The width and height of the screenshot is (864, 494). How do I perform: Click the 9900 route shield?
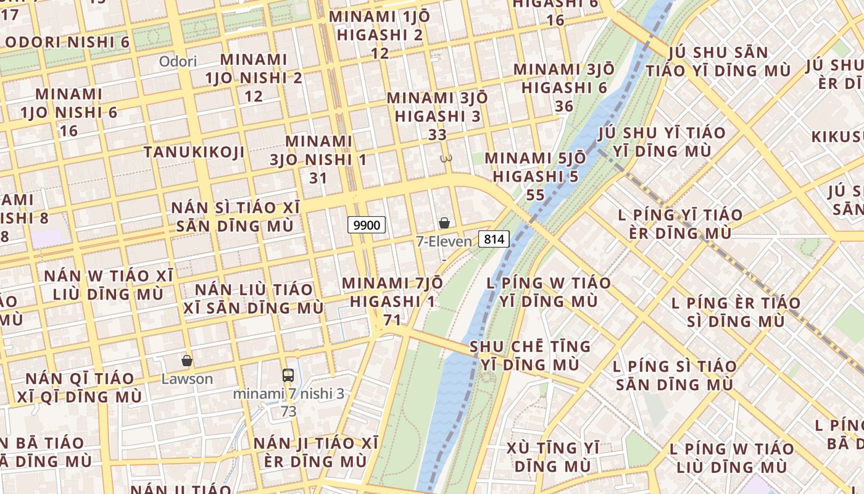point(367,225)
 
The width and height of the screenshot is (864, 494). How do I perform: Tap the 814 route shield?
point(494,239)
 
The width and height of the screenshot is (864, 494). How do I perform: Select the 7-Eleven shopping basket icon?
point(444,223)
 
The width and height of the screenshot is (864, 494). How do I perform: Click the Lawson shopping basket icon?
point(187,361)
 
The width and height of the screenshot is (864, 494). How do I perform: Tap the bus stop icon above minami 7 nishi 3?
point(288,375)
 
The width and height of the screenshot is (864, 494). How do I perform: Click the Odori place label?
point(178,61)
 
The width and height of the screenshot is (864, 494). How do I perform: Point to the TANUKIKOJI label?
point(194,152)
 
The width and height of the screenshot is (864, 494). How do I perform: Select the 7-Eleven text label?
point(444,241)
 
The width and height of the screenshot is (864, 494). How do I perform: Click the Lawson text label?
point(187,379)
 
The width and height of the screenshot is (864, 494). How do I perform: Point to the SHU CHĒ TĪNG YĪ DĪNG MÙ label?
point(530,355)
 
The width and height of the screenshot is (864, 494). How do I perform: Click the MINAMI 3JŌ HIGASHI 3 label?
point(437,107)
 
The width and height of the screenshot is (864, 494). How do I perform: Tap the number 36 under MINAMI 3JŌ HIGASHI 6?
point(564,106)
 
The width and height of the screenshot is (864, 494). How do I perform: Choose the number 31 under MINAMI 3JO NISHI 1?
point(318,178)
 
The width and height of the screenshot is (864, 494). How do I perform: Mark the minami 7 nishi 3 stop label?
point(288,393)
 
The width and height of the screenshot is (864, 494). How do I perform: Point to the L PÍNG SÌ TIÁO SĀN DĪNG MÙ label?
point(675,375)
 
